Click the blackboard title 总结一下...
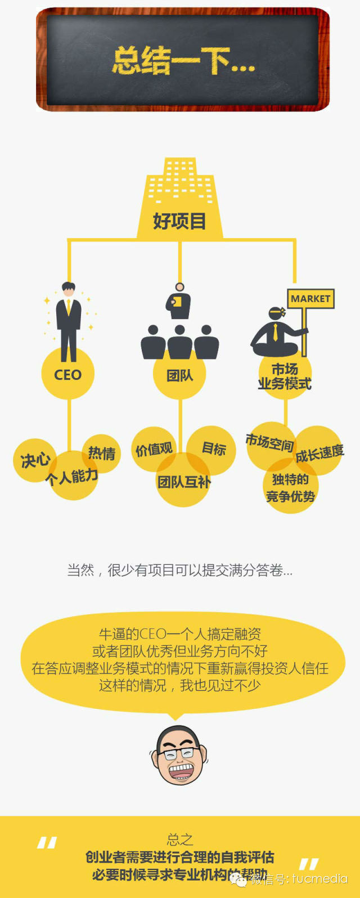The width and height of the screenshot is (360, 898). tap(183, 61)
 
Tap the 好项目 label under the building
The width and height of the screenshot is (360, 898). tap(179, 221)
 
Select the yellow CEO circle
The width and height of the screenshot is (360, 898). tap(67, 374)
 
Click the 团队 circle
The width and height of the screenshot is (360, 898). tap(179, 375)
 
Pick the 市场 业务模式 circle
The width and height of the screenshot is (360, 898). tap(285, 376)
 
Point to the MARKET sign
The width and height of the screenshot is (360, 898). tap(310, 299)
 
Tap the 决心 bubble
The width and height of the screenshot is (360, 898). tap(34, 460)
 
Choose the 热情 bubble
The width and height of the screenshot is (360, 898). tap(102, 452)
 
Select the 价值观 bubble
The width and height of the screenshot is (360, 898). tap(154, 449)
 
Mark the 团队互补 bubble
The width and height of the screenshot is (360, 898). tap(183, 482)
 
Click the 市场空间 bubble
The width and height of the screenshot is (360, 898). tap(269, 443)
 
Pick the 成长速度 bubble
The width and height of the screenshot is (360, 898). tap(319, 452)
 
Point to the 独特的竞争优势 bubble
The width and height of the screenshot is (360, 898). tap(290, 487)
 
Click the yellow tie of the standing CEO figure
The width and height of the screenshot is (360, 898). tap(69, 308)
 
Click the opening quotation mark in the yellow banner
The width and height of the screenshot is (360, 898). tap(47, 842)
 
